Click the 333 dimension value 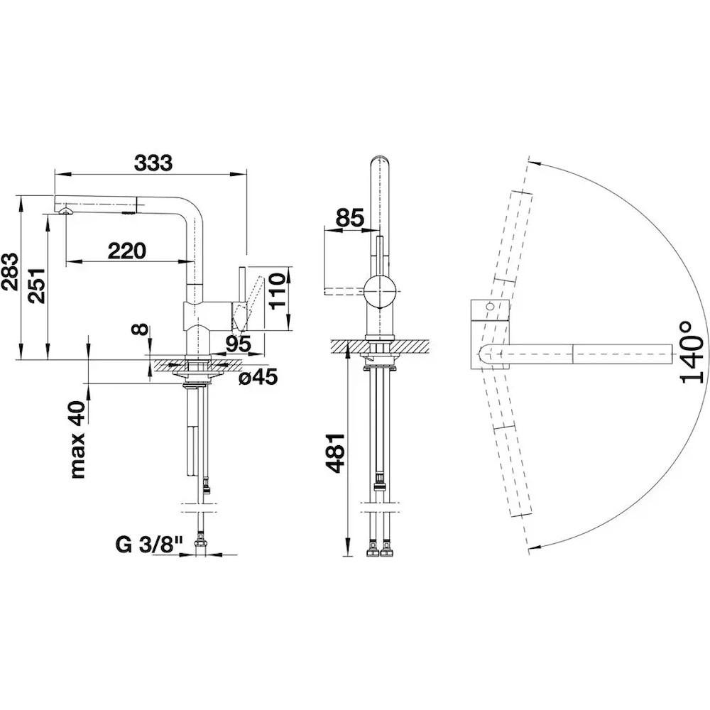tap(153, 163)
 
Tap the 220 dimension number tap(127, 251)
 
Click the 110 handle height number tap(279, 290)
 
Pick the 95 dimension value tap(238, 344)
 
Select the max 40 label tap(77, 439)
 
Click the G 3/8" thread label tap(149, 545)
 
